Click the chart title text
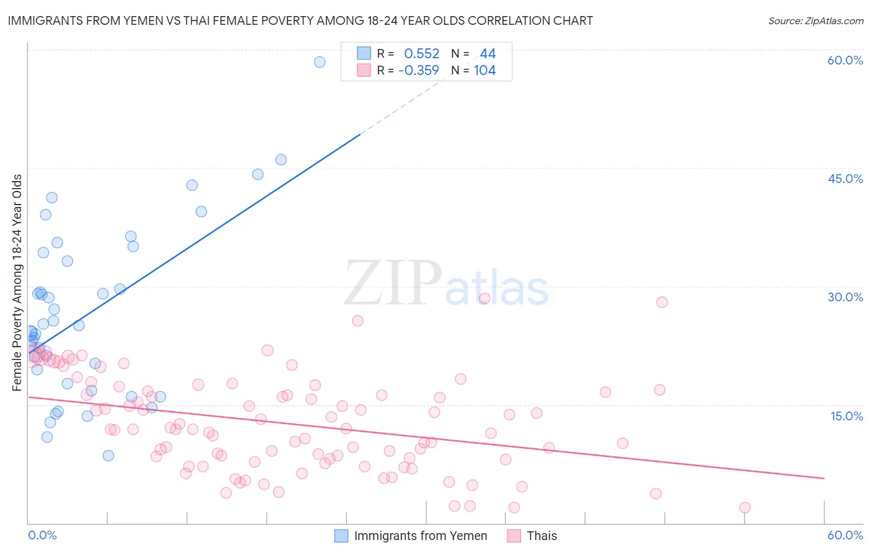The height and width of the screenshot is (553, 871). coord(300,20)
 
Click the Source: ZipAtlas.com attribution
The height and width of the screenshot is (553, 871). coord(815,20)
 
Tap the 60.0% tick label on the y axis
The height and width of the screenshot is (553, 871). coord(845,60)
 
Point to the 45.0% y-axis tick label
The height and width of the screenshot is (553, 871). coord(845,179)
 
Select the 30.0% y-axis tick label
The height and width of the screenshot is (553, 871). coord(845,297)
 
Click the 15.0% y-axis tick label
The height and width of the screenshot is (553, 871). coord(846,415)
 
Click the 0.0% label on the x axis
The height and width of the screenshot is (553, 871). coord(42,535)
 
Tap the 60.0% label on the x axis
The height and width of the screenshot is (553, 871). coord(845,535)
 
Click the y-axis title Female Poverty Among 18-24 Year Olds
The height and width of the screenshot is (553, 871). coord(17,283)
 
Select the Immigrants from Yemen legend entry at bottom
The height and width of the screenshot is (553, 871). coord(420,536)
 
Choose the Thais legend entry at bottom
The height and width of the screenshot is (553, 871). coord(541,536)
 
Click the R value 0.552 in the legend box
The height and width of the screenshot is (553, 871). coord(421,54)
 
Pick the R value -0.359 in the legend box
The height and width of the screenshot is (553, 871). coord(419,71)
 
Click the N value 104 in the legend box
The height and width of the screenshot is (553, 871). coord(484,71)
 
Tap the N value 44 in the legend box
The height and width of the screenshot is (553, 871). coord(488,54)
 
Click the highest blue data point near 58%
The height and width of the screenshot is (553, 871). coord(320,61)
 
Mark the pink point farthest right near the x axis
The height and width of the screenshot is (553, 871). coord(745,508)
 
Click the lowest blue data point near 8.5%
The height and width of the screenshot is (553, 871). coord(108,456)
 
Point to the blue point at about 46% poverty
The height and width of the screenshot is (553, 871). coord(281,159)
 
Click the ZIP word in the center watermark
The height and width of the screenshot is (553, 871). coord(393,283)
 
